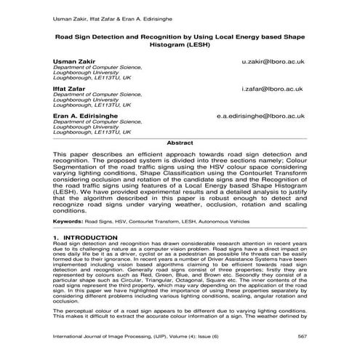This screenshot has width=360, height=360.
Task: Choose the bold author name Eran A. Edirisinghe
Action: (x=84, y=115)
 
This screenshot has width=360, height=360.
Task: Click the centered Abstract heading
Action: (x=180, y=143)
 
